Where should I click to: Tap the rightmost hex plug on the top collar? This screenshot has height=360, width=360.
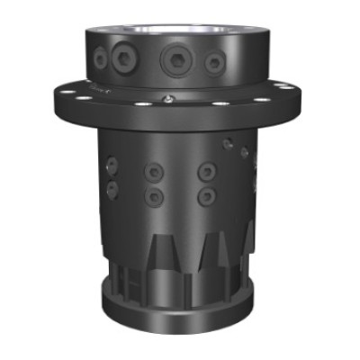[x=214, y=62]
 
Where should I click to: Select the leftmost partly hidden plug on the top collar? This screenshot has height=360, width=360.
[x=100, y=59]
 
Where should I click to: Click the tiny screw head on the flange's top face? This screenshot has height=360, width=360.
[x=168, y=97]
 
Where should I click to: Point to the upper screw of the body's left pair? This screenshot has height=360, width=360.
[x=112, y=165]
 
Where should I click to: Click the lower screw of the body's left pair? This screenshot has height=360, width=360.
[x=112, y=188]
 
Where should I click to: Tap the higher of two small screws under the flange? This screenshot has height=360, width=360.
[x=231, y=141]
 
